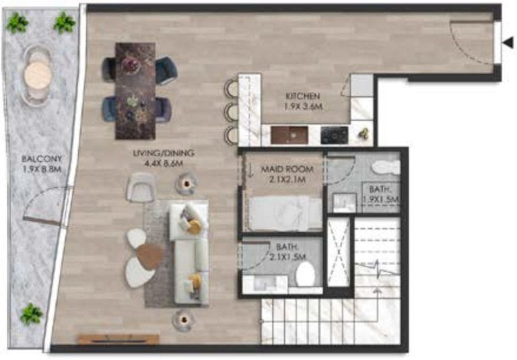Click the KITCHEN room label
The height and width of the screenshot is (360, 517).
[x=302, y=96]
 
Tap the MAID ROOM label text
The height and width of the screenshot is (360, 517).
[x=283, y=171]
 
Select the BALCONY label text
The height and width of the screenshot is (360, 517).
[x=37, y=159]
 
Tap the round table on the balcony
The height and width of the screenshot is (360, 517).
[x=38, y=75]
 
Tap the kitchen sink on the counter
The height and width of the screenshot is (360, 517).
[x=289, y=135]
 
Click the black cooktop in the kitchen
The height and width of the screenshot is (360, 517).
[x=333, y=135]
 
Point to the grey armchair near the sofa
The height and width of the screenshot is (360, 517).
[x=140, y=186]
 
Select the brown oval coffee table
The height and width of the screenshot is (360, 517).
[x=149, y=255]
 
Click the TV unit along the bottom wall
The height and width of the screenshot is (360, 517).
[x=118, y=339]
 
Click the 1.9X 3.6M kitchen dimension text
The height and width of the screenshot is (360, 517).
[x=302, y=106]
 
